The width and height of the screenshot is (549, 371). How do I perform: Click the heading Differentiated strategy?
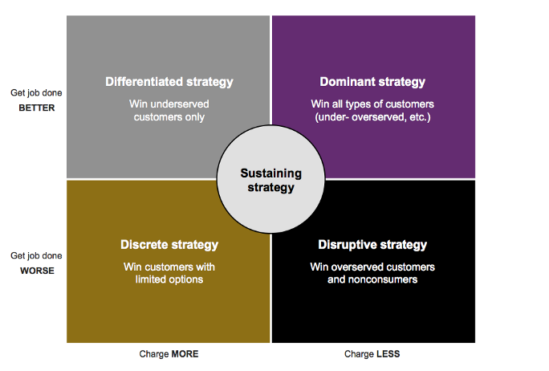169,82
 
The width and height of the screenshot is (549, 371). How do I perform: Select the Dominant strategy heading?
372,82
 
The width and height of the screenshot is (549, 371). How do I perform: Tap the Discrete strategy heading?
169,245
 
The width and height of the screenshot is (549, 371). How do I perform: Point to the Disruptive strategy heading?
372,245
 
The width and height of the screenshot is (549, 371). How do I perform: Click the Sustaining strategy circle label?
271,181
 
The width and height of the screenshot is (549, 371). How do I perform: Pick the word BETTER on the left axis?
37,108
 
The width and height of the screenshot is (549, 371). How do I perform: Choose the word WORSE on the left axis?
37,271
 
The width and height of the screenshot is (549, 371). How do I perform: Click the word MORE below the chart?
185,354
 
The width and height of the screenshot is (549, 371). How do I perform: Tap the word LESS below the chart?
388,354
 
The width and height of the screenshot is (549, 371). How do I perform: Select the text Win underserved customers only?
169,110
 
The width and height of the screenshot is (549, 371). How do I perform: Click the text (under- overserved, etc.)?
372,117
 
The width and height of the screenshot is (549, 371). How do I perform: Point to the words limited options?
169,279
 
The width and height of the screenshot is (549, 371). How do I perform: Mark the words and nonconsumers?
372,279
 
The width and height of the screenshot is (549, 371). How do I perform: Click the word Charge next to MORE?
154,354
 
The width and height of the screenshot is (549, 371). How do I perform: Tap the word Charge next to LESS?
360,354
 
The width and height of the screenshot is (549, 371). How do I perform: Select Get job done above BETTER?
36,93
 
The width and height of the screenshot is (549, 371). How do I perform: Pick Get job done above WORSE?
36,256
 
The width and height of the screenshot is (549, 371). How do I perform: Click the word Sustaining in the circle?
271,173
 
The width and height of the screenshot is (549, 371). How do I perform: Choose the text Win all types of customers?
372,104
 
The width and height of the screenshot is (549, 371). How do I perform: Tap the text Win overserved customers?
372,267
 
